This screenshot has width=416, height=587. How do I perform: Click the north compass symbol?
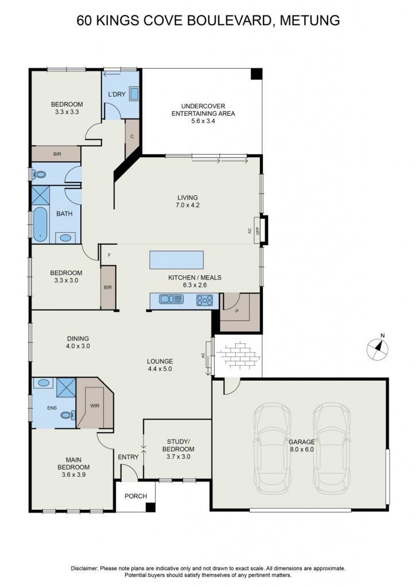pyautogui.click(x=377, y=348)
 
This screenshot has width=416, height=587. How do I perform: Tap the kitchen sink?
pyautogui.click(x=171, y=299)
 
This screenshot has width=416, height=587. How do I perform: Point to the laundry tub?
pyautogui.click(x=134, y=93)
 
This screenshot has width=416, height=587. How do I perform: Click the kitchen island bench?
pyautogui.click(x=177, y=260)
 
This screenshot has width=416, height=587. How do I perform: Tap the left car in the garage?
pyautogui.click(x=273, y=448)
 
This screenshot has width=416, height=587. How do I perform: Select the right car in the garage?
pyautogui.click(x=332, y=448)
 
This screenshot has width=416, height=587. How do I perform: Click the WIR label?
pyautogui.click(x=95, y=405)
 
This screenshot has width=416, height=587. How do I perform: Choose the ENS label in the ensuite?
pyautogui.click(x=52, y=408)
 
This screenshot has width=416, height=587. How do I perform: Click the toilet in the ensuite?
pyautogui.click(x=68, y=415)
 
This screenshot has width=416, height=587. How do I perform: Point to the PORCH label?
pyautogui.click(x=135, y=496)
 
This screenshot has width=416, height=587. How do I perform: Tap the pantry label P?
pyautogui.click(x=237, y=310)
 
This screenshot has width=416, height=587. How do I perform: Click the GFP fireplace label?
pyautogui.click(x=258, y=230)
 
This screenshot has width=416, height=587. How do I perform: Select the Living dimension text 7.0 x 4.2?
pyautogui.click(x=188, y=205)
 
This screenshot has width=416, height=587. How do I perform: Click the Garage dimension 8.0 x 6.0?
pyautogui.click(x=301, y=449)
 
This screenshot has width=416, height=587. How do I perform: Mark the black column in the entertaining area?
pyautogui.click(x=256, y=74)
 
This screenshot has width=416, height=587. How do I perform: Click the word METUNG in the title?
pyautogui.click(x=310, y=20)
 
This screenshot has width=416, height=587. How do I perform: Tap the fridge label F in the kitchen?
pyautogui.click(x=110, y=255)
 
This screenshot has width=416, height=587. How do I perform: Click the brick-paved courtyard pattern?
pyautogui.click(x=239, y=354)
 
